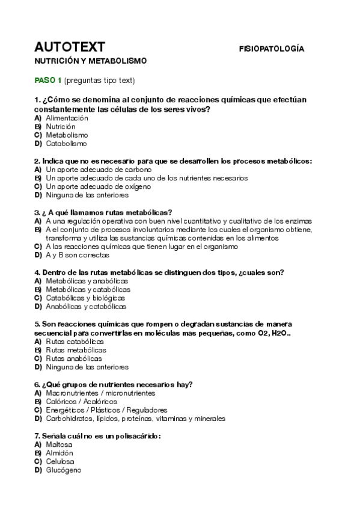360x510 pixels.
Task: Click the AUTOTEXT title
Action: coord(70,47)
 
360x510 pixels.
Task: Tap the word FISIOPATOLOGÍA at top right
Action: coord(271,48)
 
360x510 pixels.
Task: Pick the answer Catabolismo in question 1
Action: coord(66,144)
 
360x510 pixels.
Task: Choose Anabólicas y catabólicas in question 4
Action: coord(86,306)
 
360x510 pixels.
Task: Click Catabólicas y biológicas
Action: coord(85,298)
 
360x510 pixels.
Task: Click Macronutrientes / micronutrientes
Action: coord(100,393)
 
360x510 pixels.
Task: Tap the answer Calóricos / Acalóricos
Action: coord(81,401)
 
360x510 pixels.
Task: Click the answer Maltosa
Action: coord(58,444)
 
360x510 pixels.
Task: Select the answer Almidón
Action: coord(59,453)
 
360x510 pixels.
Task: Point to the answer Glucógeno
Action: coord(63,470)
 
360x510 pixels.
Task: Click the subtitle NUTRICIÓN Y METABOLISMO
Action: coord(90,61)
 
